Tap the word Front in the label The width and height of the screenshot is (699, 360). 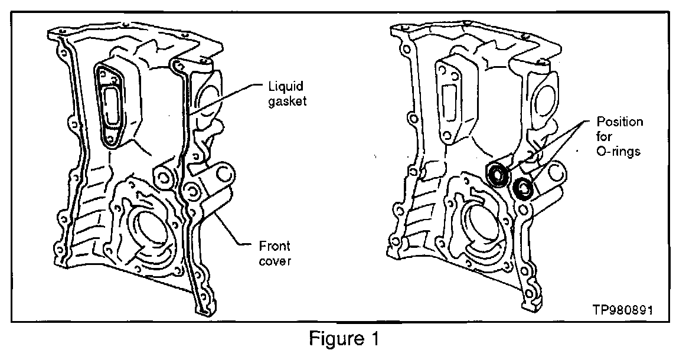(x=274, y=246)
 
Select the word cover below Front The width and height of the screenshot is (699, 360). (x=275, y=261)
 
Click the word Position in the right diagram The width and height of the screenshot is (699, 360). (x=620, y=122)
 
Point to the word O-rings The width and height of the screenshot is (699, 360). (x=618, y=151)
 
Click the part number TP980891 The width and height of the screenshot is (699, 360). (x=623, y=310)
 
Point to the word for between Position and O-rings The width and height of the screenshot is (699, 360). (x=605, y=136)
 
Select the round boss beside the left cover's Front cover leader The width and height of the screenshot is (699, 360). (x=224, y=174)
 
